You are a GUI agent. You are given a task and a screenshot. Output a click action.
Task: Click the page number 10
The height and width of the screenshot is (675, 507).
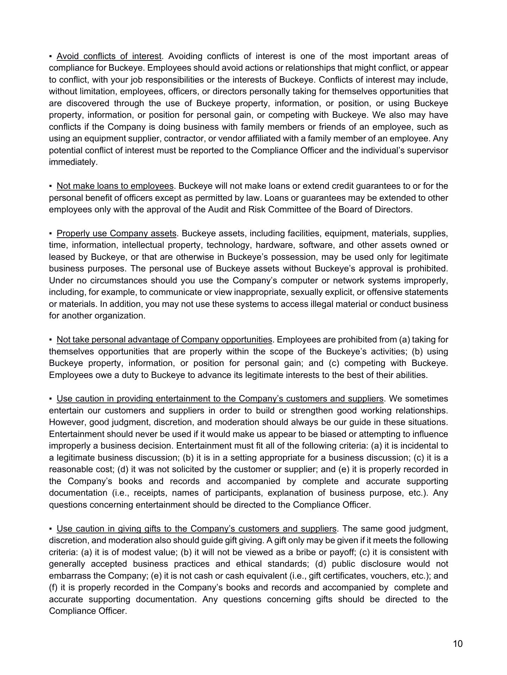[x=458, y=644]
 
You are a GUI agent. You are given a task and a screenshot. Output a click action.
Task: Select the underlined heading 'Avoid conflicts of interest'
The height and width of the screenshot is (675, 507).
[x=109, y=56]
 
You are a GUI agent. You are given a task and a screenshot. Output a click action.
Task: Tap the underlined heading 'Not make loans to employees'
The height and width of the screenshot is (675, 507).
[x=115, y=186]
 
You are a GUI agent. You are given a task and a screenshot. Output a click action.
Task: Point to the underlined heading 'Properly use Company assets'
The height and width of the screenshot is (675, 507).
[x=116, y=233]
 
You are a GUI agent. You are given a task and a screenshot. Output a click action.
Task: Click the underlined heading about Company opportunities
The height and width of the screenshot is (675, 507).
[x=164, y=340]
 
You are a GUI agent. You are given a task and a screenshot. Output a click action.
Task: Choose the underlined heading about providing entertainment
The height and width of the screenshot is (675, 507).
[x=220, y=399]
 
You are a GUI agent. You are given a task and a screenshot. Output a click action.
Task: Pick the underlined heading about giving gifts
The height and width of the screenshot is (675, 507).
[x=196, y=529]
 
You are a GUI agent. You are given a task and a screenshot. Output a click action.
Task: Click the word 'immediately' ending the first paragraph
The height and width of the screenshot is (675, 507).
[x=72, y=162]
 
